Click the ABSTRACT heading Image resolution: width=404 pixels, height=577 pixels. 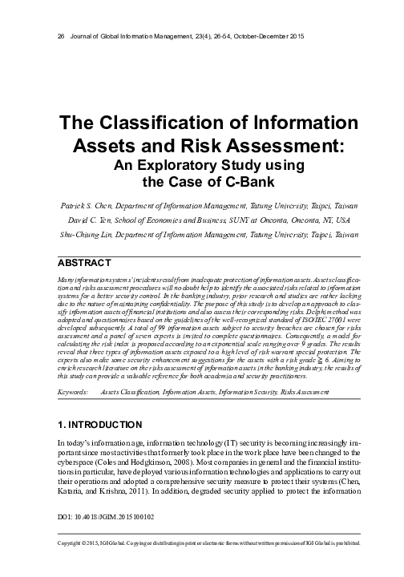click(x=89, y=263)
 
